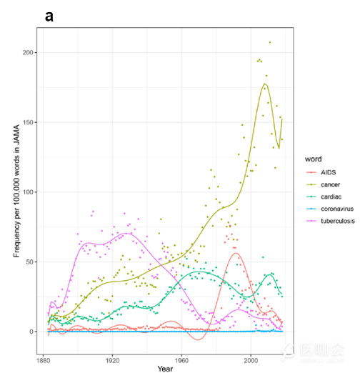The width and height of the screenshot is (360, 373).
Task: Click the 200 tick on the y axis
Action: click(x=28, y=53)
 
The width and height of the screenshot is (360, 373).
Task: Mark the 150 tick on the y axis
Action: click(x=28, y=122)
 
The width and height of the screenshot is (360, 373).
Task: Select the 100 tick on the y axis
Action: click(x=28, y=192)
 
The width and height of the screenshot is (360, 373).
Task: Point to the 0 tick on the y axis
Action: click(x=32, y=332)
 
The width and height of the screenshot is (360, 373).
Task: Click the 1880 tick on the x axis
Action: click(x=44, y=359)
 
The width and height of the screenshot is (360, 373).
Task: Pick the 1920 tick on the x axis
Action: click(x=113, y=359)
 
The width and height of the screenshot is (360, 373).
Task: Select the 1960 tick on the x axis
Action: click(x=181, y=359)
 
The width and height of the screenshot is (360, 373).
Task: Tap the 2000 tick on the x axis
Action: click(x=251, y=359)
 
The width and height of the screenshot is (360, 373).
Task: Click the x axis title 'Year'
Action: click(x=165, y=369)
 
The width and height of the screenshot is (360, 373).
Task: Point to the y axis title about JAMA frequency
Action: click(x=16, y=189)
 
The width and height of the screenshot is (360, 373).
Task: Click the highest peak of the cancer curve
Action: click(x=265, y=84)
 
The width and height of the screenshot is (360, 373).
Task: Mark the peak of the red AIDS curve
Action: click(x=236, y=254)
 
